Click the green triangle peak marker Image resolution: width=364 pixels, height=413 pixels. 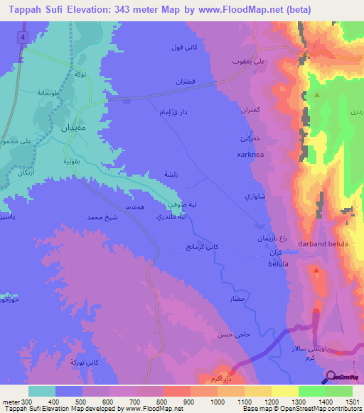pyautogui.click(x=317, y=94)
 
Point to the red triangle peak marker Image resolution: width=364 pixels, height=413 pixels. pyautogui.click(x=316, y=269)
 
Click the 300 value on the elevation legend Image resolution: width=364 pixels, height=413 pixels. pyautogui.click(x=27, y=402)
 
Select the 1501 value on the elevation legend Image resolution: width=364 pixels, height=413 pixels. pyautogui.click(x=353, y=402)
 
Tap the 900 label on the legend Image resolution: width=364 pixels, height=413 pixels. pyautogui.click(x=190, y=402)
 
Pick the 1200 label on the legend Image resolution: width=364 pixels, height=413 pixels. pyautogui.click(x=272, y=402)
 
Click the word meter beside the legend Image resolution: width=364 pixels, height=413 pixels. pyautogui.click(x=11, y=402)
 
